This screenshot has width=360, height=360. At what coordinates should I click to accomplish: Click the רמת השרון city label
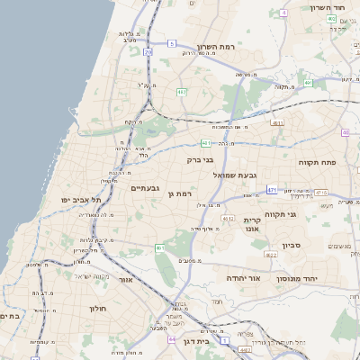tap(214, 46)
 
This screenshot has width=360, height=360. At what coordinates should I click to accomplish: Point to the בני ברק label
tap(200, 159)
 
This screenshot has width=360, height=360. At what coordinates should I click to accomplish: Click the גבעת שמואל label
tap(236, 175)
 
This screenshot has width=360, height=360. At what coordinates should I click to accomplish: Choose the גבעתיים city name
tap(145, 188)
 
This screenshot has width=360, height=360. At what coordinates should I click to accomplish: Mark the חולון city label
tap(97, 308)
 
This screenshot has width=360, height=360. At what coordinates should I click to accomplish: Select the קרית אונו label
tap(252, 224)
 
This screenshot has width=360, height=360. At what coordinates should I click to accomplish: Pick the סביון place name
tap(290, 245)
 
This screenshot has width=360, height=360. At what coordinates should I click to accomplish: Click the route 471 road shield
tap(272, 190)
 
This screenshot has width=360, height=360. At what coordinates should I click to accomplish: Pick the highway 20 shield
tap(147, 54)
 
